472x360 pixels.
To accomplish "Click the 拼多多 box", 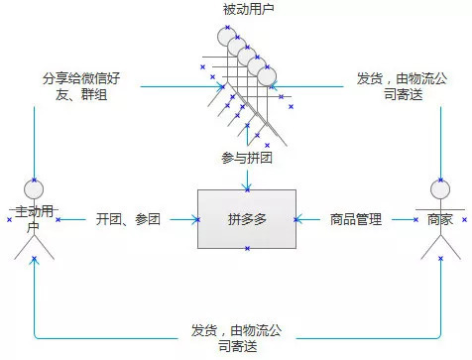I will point(246,219).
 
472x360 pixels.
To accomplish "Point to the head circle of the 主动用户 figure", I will point(35,187).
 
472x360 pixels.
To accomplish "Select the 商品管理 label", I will point(356,219).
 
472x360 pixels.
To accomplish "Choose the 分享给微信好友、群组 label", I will point(83,85).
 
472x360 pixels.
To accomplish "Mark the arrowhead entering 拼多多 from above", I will point(246,185).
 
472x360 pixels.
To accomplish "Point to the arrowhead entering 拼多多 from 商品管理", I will point(299,219).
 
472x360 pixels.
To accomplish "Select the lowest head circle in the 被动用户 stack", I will point(267,74).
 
